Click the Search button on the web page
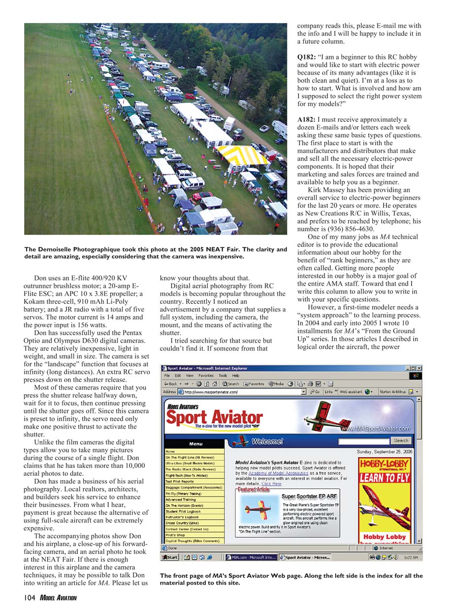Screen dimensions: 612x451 401,440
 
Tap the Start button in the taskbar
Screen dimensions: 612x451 169,557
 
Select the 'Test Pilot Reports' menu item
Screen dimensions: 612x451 180,481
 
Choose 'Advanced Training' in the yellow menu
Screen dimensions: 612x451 181,499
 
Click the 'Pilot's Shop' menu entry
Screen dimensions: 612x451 176,535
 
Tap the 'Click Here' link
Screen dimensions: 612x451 271,484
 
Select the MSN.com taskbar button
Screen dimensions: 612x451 251,557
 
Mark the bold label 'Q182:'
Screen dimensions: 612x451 306,57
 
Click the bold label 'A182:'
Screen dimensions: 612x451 306,119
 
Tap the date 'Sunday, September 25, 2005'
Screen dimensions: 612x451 385,451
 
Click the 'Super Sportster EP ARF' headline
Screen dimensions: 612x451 309,496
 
